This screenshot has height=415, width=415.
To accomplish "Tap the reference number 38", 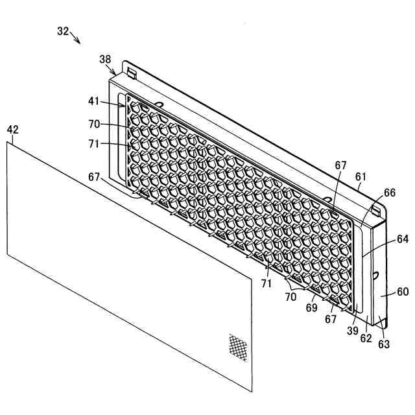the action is pyautogui.click(x=105, y=59).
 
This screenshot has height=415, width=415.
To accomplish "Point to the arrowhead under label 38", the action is pyautogui.click(x=116, y=72).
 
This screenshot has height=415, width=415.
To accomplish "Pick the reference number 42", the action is pyautogui.click(x=12, y=130).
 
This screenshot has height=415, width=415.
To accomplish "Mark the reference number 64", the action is pyautogui.click(x=403, y=239).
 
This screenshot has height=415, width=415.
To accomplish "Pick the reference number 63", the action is pyautogui.click(x=384, y=344).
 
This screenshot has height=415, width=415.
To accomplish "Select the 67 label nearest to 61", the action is pyautogui.click(x=340, y=165).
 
